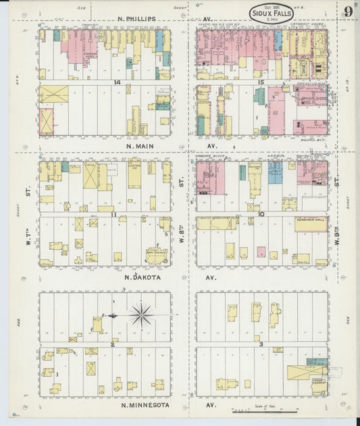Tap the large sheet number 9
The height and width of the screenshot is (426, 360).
point(347,11)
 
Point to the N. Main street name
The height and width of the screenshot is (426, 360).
point(142,145)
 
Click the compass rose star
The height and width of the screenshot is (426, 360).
point(141,314)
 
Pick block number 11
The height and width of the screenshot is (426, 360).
point(114,215)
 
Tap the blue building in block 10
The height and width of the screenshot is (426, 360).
point(242,173)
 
